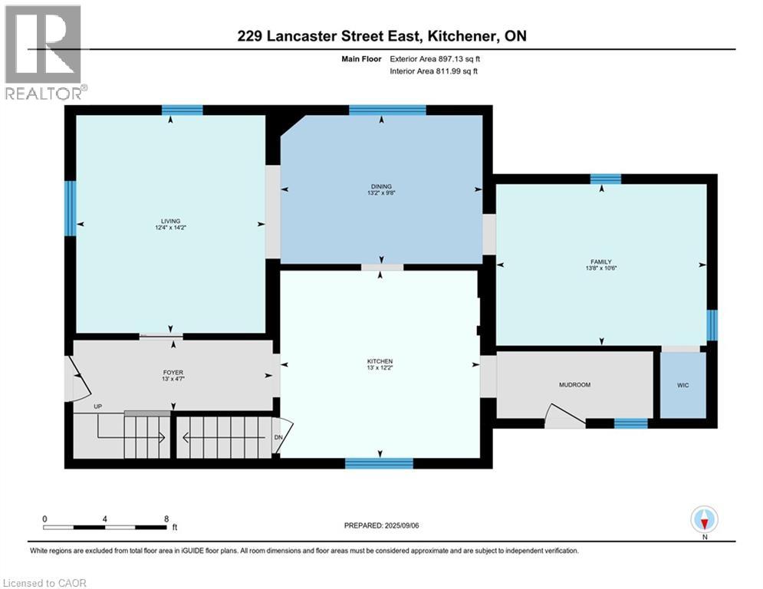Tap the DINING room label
tap(381, 186)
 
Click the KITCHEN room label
tap(380, 360)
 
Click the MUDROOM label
tap(574, 384)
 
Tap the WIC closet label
tap(682, 385)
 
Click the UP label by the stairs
tap(97, 406)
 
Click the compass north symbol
tap(704, 520)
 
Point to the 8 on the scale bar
tap(166, 518)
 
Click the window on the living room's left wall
tap(70, 208)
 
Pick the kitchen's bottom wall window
tap(379, 462)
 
